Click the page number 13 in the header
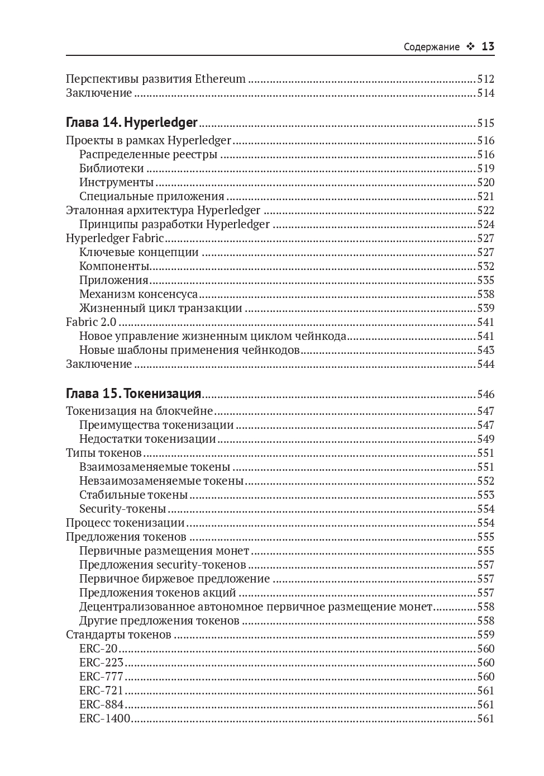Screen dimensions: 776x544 [x=488, y=47]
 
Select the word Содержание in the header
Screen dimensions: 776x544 [x=431, y=48]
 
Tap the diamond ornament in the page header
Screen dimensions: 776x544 [x=470, y=48]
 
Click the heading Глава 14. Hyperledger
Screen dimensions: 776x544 [x=132, y=123]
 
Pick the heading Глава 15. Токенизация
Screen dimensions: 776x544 [x=133, y=394]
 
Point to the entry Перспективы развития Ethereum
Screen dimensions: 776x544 [x=155, y=79]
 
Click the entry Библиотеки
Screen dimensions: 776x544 [x=111, y=168]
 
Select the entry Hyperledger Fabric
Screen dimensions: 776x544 [x=114, y=238]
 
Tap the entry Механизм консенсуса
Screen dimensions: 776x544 [x=138, y=294]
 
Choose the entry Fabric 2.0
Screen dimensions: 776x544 [x=91, y=322]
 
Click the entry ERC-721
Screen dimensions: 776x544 [x=101, y=690]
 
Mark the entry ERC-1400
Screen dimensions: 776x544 [x=104, y=718]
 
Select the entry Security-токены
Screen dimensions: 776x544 [x=122, y=509]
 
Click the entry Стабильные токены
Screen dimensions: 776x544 [x=133, y=495]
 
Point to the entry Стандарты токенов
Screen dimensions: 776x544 [x=118, y=635]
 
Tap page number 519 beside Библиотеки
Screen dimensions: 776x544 [x=485, y=168]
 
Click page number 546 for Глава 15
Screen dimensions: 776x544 [x=485, y=394]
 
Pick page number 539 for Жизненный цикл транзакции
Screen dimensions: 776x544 [x=485, y=308]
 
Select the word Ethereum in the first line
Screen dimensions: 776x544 [x=220, y=79]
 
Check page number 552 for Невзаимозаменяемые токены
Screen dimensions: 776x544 [x=485, y=481]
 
